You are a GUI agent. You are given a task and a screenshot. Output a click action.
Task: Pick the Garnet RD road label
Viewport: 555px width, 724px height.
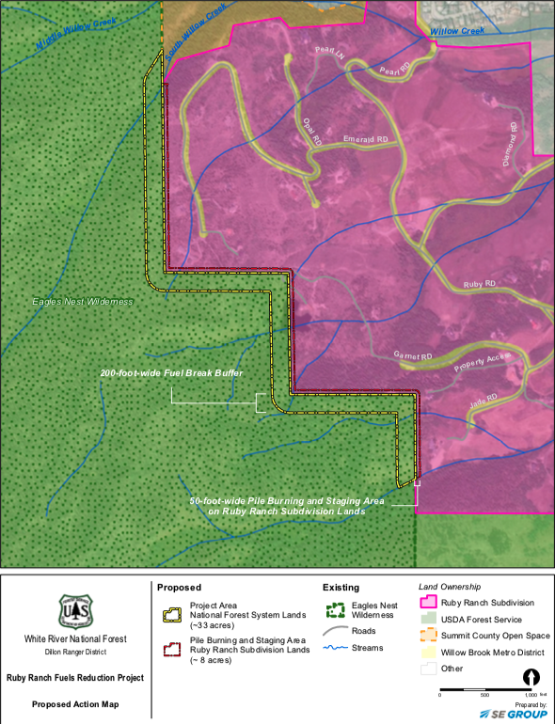click(x=413, y=356)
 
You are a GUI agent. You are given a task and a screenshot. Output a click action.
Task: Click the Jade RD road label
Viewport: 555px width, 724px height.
click(x=483, y=402)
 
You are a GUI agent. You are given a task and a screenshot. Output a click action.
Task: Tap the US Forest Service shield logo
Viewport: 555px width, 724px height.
click(x=74, y=611)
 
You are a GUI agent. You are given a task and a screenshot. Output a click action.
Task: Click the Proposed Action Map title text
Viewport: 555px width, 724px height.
click(x=74, y=702)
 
